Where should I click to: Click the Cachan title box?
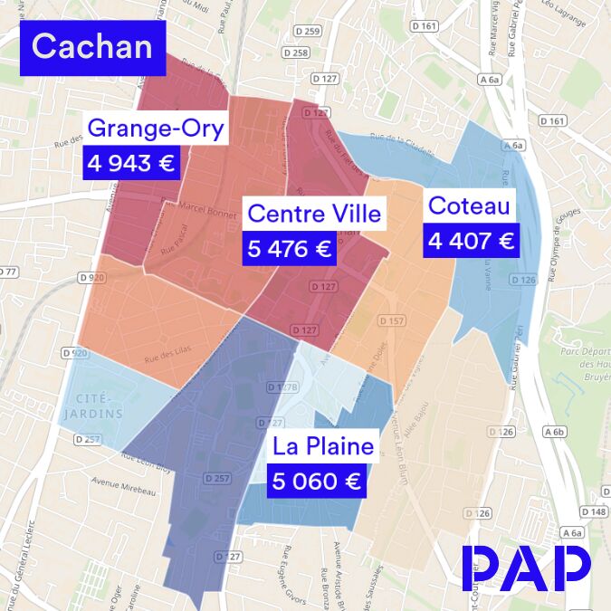[92, 47]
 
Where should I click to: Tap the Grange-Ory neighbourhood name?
[156, 129]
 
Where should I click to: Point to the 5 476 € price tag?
[289, 248]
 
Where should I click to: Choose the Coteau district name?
[469, 206]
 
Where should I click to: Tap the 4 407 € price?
[471, 241]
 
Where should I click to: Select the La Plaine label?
[323, 446]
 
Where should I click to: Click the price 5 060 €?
[316, 481]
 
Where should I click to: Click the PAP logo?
[527, 568]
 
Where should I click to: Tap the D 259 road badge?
[309, 32]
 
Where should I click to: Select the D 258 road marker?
[295, 53]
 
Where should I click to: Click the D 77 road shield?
[8, 272]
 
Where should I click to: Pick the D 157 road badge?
[391, 320]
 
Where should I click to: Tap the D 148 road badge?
[595, 512]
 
